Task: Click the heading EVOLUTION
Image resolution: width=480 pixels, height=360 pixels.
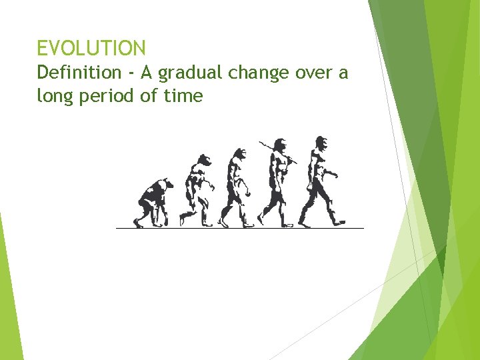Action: click(x=91, y=48)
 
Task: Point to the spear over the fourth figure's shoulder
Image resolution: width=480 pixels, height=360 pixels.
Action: click(x=267, y=146)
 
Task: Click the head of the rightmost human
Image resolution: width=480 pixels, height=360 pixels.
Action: click(x=321, y=143)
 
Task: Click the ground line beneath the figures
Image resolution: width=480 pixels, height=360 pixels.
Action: click(x=240, y=228)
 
